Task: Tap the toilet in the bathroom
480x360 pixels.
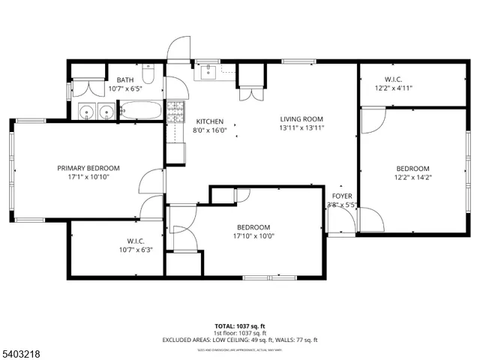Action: click(149, 77)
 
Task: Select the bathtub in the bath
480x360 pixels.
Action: click(141, 112)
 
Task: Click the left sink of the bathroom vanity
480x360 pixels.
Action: click(88, 112)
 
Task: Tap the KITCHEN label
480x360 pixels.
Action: click(209, 121)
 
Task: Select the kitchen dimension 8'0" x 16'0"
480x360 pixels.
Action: click(209, 130)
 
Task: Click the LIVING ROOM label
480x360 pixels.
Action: click(301, 119)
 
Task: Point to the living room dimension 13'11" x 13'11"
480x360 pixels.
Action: click(301, 127)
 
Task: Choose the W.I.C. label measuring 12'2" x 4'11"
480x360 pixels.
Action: click(393, 79)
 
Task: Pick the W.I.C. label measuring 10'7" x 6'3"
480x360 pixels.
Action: click(135, 241)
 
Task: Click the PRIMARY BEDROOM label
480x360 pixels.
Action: click(88, 168)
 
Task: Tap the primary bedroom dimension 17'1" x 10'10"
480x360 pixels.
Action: click(88, 177)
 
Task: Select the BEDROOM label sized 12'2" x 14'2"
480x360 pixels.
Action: click(412, 168)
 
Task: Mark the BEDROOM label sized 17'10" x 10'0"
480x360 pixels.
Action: click(253, 227)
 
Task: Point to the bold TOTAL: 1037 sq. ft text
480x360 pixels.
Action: click(239, 326)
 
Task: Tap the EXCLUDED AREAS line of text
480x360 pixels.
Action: click(239, 340)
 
